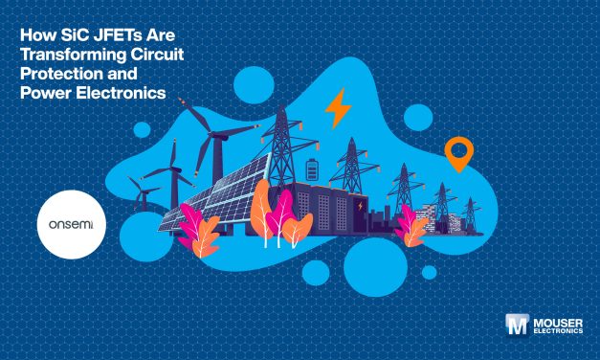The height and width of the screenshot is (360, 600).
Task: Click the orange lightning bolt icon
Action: pyautogui.click(x=336, y=109)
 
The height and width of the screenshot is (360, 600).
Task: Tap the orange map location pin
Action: pyautogui.click(x=459, y=153)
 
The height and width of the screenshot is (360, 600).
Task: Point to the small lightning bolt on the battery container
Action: pyautogui.click(x=360, y=204)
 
